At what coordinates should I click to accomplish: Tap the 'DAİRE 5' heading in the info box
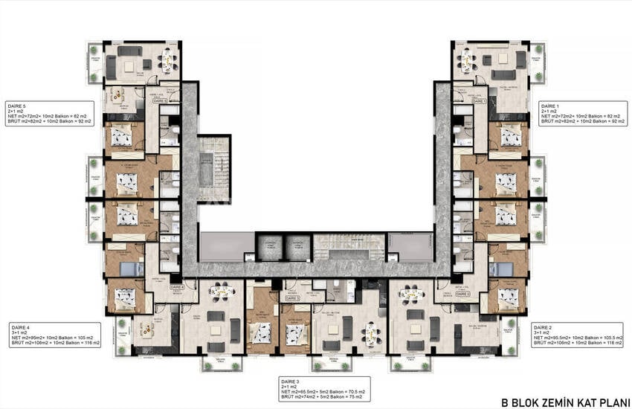point(16,105)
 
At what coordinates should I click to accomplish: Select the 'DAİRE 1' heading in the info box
point(550,105)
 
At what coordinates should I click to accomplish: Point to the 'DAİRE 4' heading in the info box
point(20,326)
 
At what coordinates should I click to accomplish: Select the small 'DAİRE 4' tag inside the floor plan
point(177,286)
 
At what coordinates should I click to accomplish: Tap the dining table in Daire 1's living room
point(468,59)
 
